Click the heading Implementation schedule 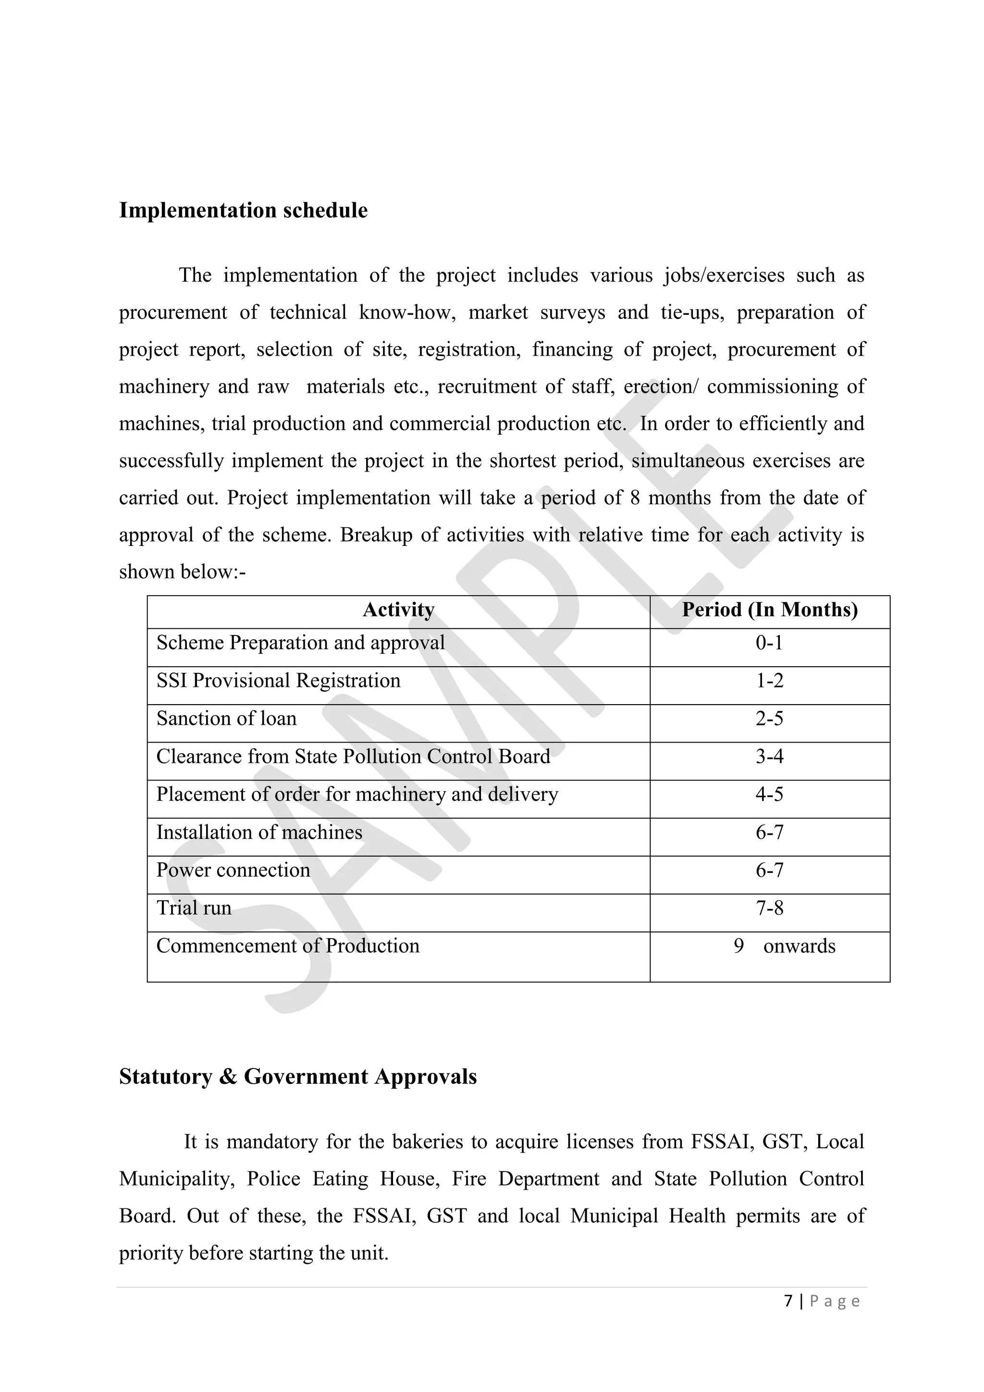[243, 211]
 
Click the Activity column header [398, 610]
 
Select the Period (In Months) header [770, 610]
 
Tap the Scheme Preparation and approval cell [300, 643]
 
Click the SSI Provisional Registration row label [278, 681]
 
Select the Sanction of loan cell [227, 719]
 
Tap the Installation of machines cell [259, 833]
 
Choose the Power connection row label [234, 870]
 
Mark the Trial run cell [194, 908]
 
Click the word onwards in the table [799, 946]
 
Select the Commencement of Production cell [288, 946]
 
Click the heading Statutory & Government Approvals [297, 1077]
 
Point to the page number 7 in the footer [787, 1301]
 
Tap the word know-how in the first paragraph [406, 313]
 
